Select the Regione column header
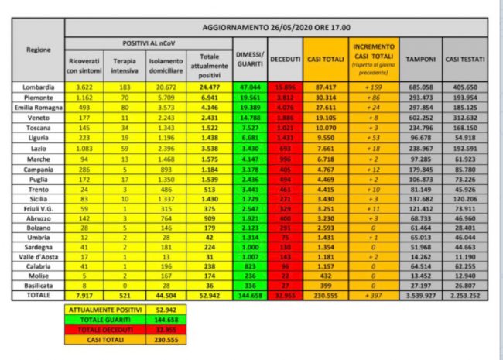point(39,49)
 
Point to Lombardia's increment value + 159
point(374,87)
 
